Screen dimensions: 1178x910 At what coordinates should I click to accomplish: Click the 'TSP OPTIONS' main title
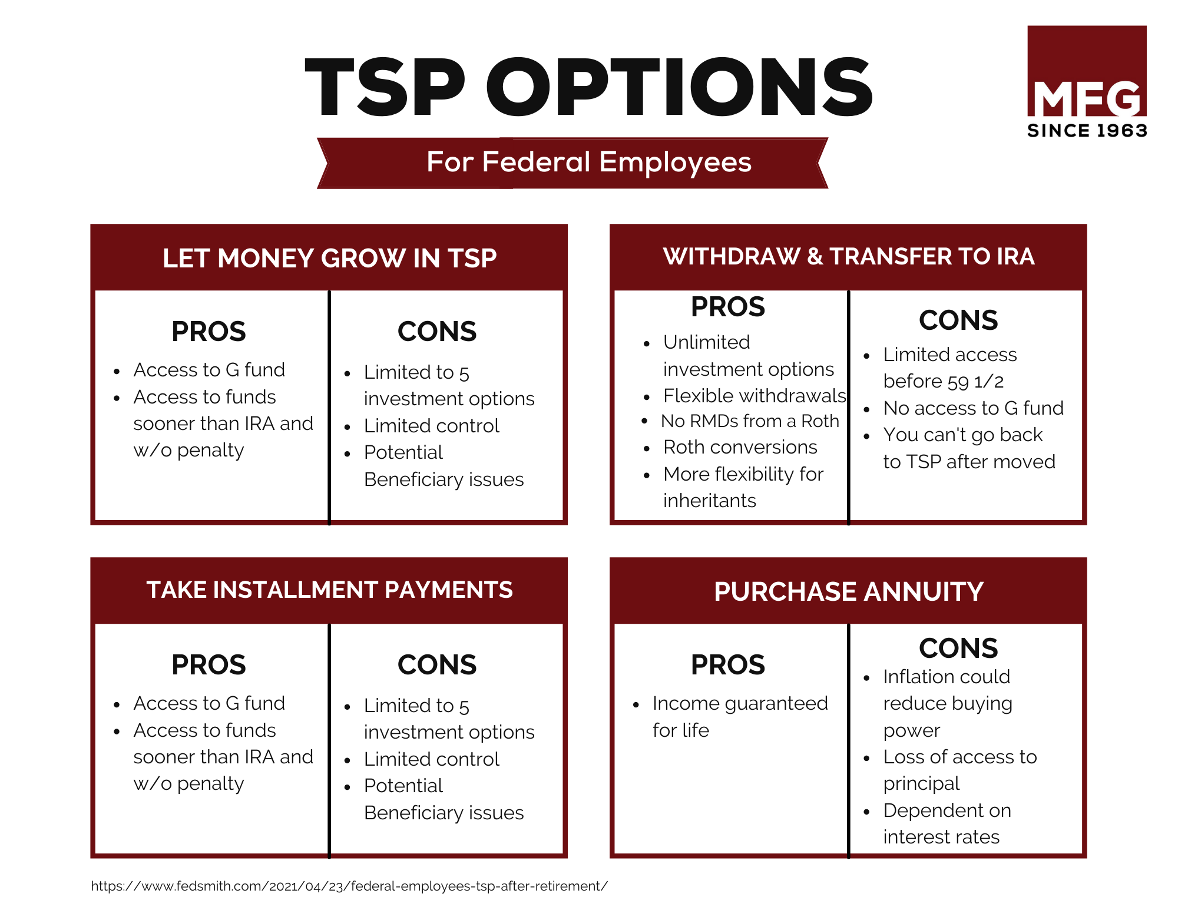click(588, 87)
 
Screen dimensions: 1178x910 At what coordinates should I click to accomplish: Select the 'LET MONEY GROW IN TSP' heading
click(330, 258)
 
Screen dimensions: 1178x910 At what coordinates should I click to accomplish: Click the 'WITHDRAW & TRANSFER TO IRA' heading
click(849, 256)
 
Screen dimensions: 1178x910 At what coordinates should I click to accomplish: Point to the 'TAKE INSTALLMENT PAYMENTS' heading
click(330, 590)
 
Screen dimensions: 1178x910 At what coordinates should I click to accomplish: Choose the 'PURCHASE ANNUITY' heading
click(849, 591)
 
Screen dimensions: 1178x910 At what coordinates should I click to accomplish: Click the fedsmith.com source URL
click(349, 886)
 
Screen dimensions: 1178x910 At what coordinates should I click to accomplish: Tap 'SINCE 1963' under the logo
click(1087, 130)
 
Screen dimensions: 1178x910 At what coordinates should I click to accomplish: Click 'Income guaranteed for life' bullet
click(740, 716)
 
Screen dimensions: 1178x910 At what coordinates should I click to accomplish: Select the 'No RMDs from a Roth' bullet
click(750, 421)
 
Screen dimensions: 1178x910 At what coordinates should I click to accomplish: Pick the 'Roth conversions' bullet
click(740, 447)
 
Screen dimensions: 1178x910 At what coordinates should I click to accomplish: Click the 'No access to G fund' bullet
click(974, 408)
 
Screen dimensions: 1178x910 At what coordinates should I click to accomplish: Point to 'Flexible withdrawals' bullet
click(755, 396)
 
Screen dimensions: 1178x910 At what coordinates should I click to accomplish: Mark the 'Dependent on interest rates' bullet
click(947, 823)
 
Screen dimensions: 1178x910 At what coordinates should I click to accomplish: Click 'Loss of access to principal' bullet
click(960, 770)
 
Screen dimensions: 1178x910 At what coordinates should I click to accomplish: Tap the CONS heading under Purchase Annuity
click(958, 648)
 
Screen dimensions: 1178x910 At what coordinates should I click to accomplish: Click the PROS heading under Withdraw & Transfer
click(728, 307)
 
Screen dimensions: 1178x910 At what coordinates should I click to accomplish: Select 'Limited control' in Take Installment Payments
click(432, 759)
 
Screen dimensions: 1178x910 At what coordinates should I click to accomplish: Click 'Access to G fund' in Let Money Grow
click(209, 370)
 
